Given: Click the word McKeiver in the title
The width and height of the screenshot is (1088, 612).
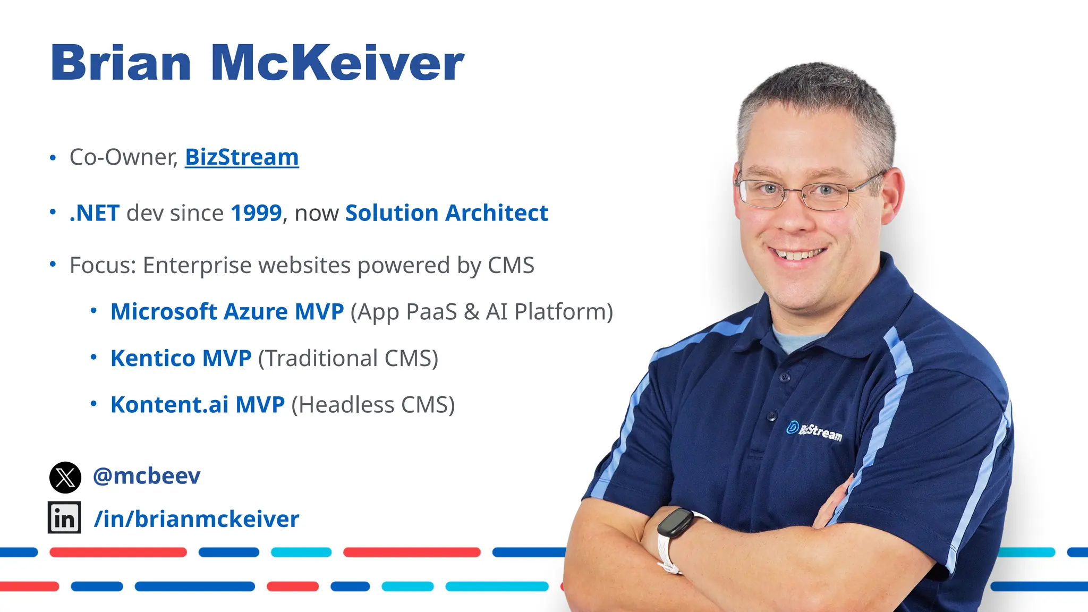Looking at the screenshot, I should coord(338,63).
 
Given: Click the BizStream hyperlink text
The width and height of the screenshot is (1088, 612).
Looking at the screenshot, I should coord(242,157).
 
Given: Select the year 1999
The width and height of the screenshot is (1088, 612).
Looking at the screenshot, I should coord(256,213).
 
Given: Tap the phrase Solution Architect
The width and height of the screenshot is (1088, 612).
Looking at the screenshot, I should coord(446,213).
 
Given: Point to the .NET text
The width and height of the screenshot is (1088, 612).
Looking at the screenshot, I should coord(95,213).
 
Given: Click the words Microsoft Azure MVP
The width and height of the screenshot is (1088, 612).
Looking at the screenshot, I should coord(227,312).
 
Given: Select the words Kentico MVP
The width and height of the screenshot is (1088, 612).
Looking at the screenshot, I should coord(181,359).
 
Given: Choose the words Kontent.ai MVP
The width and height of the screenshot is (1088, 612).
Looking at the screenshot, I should coord(198,405).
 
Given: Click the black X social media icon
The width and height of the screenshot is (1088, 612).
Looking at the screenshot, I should coord(65,477).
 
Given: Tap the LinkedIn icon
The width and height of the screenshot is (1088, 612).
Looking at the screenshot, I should coord(64,517).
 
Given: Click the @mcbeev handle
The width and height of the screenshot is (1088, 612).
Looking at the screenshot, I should coord(147,476).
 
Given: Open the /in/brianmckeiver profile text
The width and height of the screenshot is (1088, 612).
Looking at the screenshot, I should coord(197,519).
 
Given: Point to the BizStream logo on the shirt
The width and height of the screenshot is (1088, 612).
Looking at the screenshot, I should coord(814,431).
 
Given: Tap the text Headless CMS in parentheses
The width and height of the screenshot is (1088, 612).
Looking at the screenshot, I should coord(373,405).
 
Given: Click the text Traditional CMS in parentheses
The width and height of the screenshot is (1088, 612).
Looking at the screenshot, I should coord(348,359).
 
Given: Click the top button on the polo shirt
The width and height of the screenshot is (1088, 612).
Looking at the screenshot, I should coord(785,378).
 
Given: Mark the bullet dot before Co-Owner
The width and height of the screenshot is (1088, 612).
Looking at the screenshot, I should coord(53,158).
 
